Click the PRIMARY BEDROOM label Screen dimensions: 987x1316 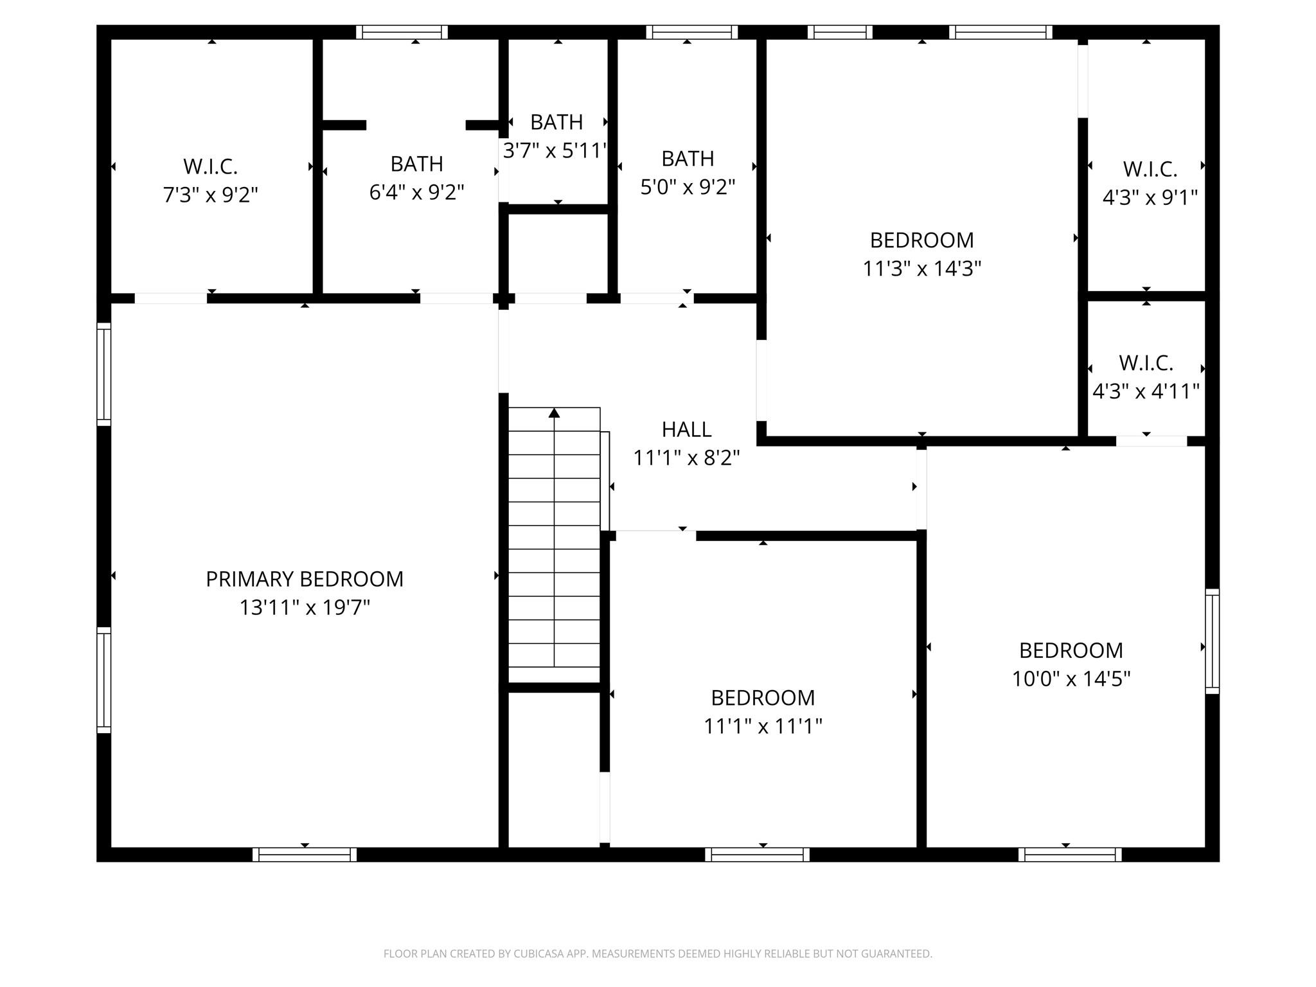pos(305,579)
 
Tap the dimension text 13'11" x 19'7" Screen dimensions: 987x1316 pos(305,607)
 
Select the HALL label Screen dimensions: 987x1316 pos(686,429)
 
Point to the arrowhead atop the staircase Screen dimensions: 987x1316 pos(554,413)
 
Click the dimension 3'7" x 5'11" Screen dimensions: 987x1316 pos(555,150)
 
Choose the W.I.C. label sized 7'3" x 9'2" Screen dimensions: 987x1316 pos(210,166)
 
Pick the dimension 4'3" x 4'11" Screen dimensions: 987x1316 pos(1146,391)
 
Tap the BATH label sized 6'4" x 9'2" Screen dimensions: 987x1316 pos(416,164)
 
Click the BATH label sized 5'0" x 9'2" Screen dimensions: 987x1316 pos(688,158)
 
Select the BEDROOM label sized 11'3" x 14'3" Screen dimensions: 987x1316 pos(921,240)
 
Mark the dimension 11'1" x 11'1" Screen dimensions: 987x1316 pos(763,726)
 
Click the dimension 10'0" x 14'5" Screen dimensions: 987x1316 pos(1071,679)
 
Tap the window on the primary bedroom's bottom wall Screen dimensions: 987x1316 pos(305,855)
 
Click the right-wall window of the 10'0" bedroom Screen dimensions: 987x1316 pos(1212,641)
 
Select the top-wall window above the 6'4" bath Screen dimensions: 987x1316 pos(402,32)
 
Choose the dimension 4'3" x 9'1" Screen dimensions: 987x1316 pos(1150,197)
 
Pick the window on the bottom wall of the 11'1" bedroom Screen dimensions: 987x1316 pos(757,855)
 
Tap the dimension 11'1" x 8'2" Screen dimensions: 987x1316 pos(686,458)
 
